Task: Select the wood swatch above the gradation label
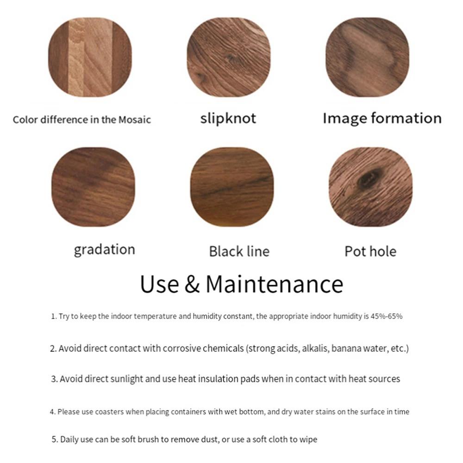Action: (93, 187)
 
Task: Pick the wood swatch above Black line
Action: (232, 187)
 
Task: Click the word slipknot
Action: (228, 118)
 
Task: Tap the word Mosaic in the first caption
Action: (134, 119)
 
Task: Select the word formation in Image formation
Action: (402, 118)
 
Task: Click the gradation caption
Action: (104, 250)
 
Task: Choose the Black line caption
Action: (239, 251)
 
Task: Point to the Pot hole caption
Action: (370, 251)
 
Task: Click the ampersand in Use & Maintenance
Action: (192, 284)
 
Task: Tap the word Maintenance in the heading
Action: (274, 284)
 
